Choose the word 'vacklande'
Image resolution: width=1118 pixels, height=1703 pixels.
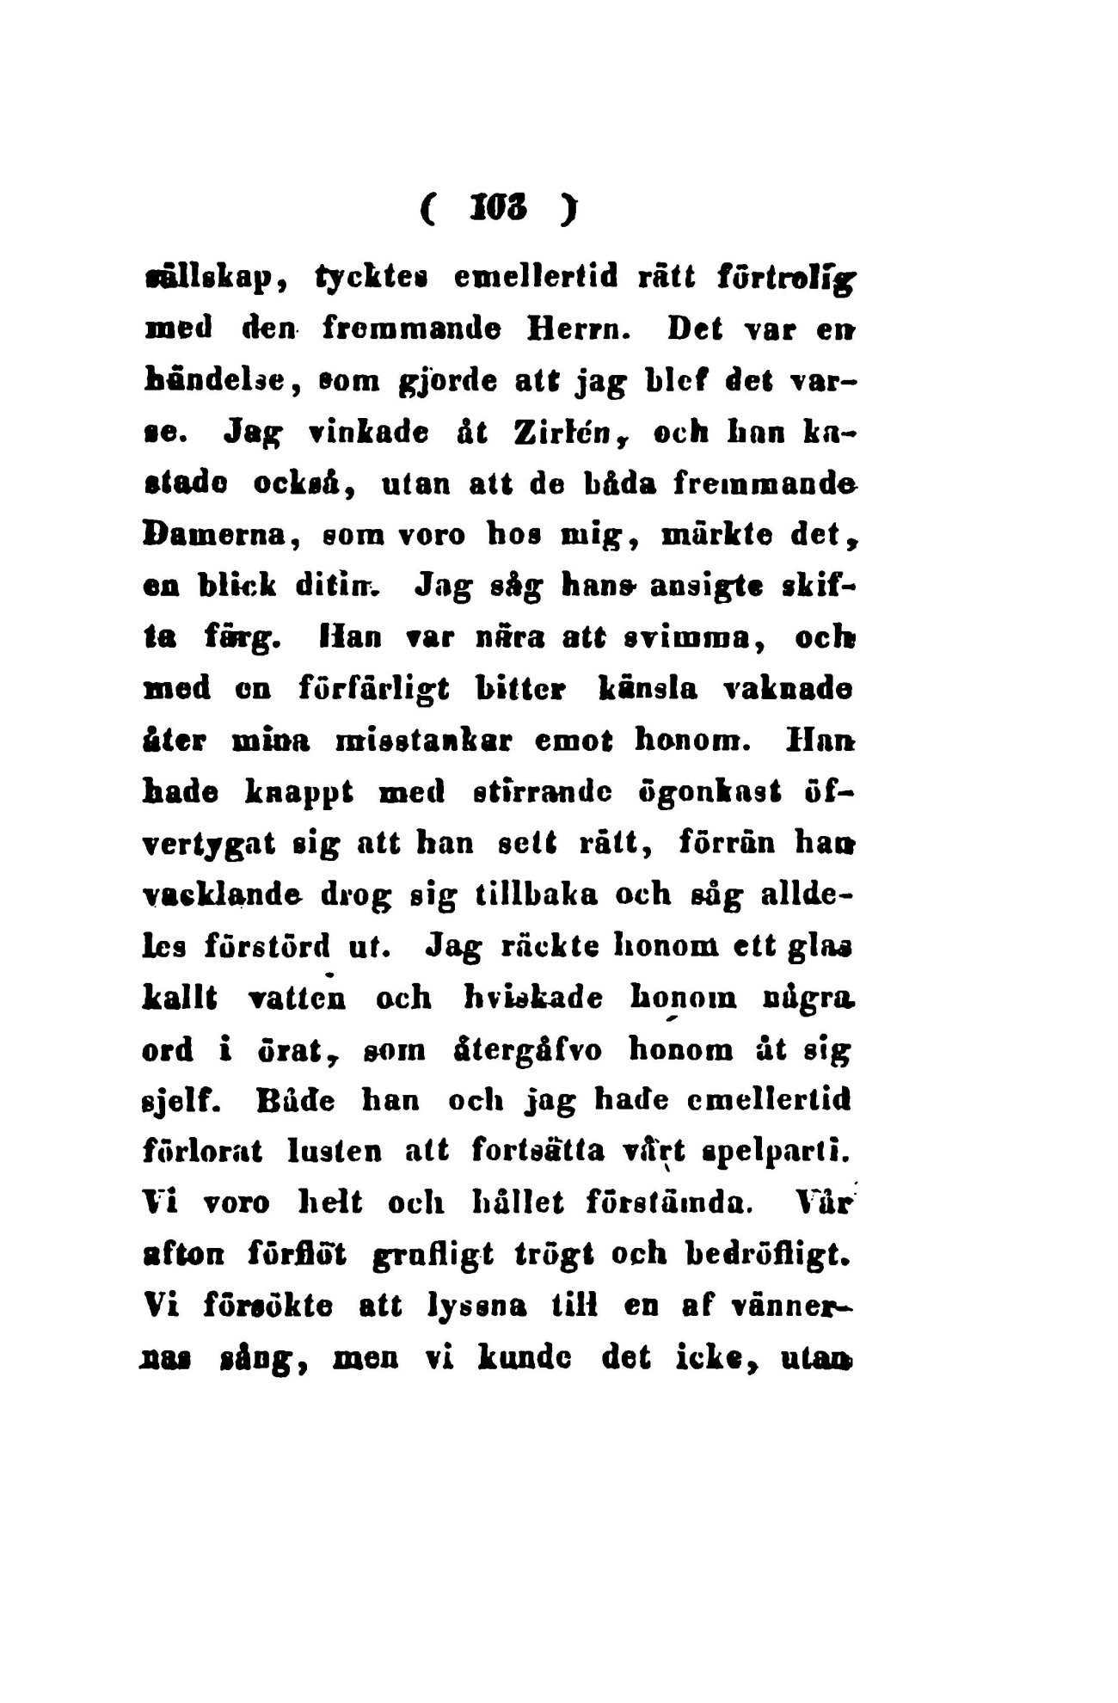point(225,895)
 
